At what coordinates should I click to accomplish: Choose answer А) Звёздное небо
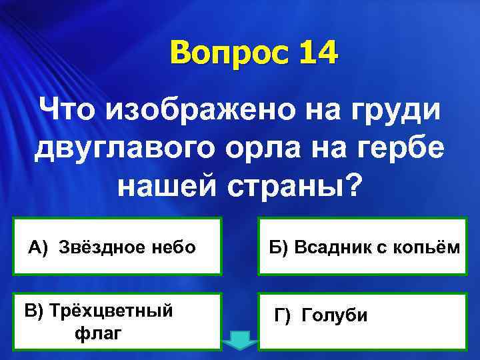coord(117,247)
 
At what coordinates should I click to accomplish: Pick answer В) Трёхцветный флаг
coord(117,321)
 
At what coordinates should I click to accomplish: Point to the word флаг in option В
coord(98,332)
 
